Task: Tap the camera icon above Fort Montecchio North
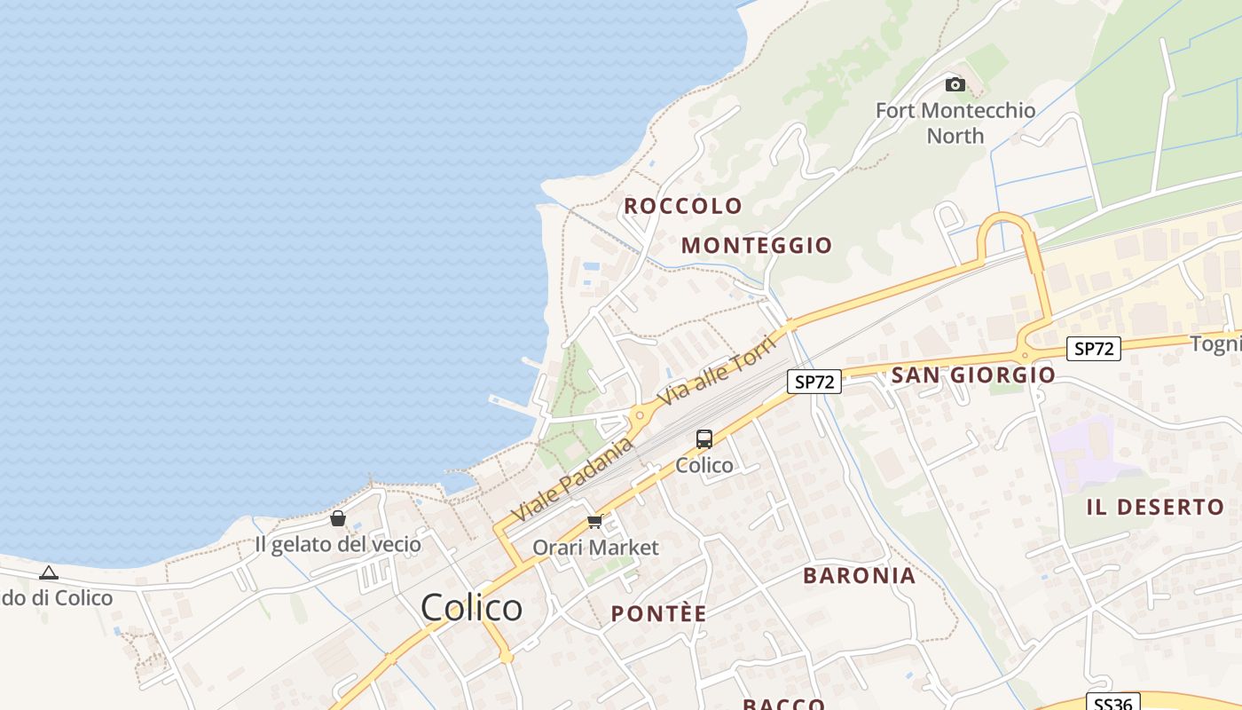(955, 84)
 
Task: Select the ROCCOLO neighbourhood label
(683, 206)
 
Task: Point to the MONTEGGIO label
(757, 246)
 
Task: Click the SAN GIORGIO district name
(973, 375)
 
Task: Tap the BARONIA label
(859, 576)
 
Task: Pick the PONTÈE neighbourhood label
(658, 614)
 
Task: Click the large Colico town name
(471, 608)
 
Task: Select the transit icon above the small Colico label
(704, 438)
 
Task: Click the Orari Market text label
(595, 548)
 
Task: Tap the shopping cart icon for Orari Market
(594, 522)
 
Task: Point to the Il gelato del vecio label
(338, 544)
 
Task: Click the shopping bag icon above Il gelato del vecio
(338, 518)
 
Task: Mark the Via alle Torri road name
(714, 372)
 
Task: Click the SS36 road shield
(1112, 704)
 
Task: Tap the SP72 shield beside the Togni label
(1093, 349)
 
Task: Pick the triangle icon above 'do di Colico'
(49, 573)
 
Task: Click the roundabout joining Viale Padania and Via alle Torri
(639, 414)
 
